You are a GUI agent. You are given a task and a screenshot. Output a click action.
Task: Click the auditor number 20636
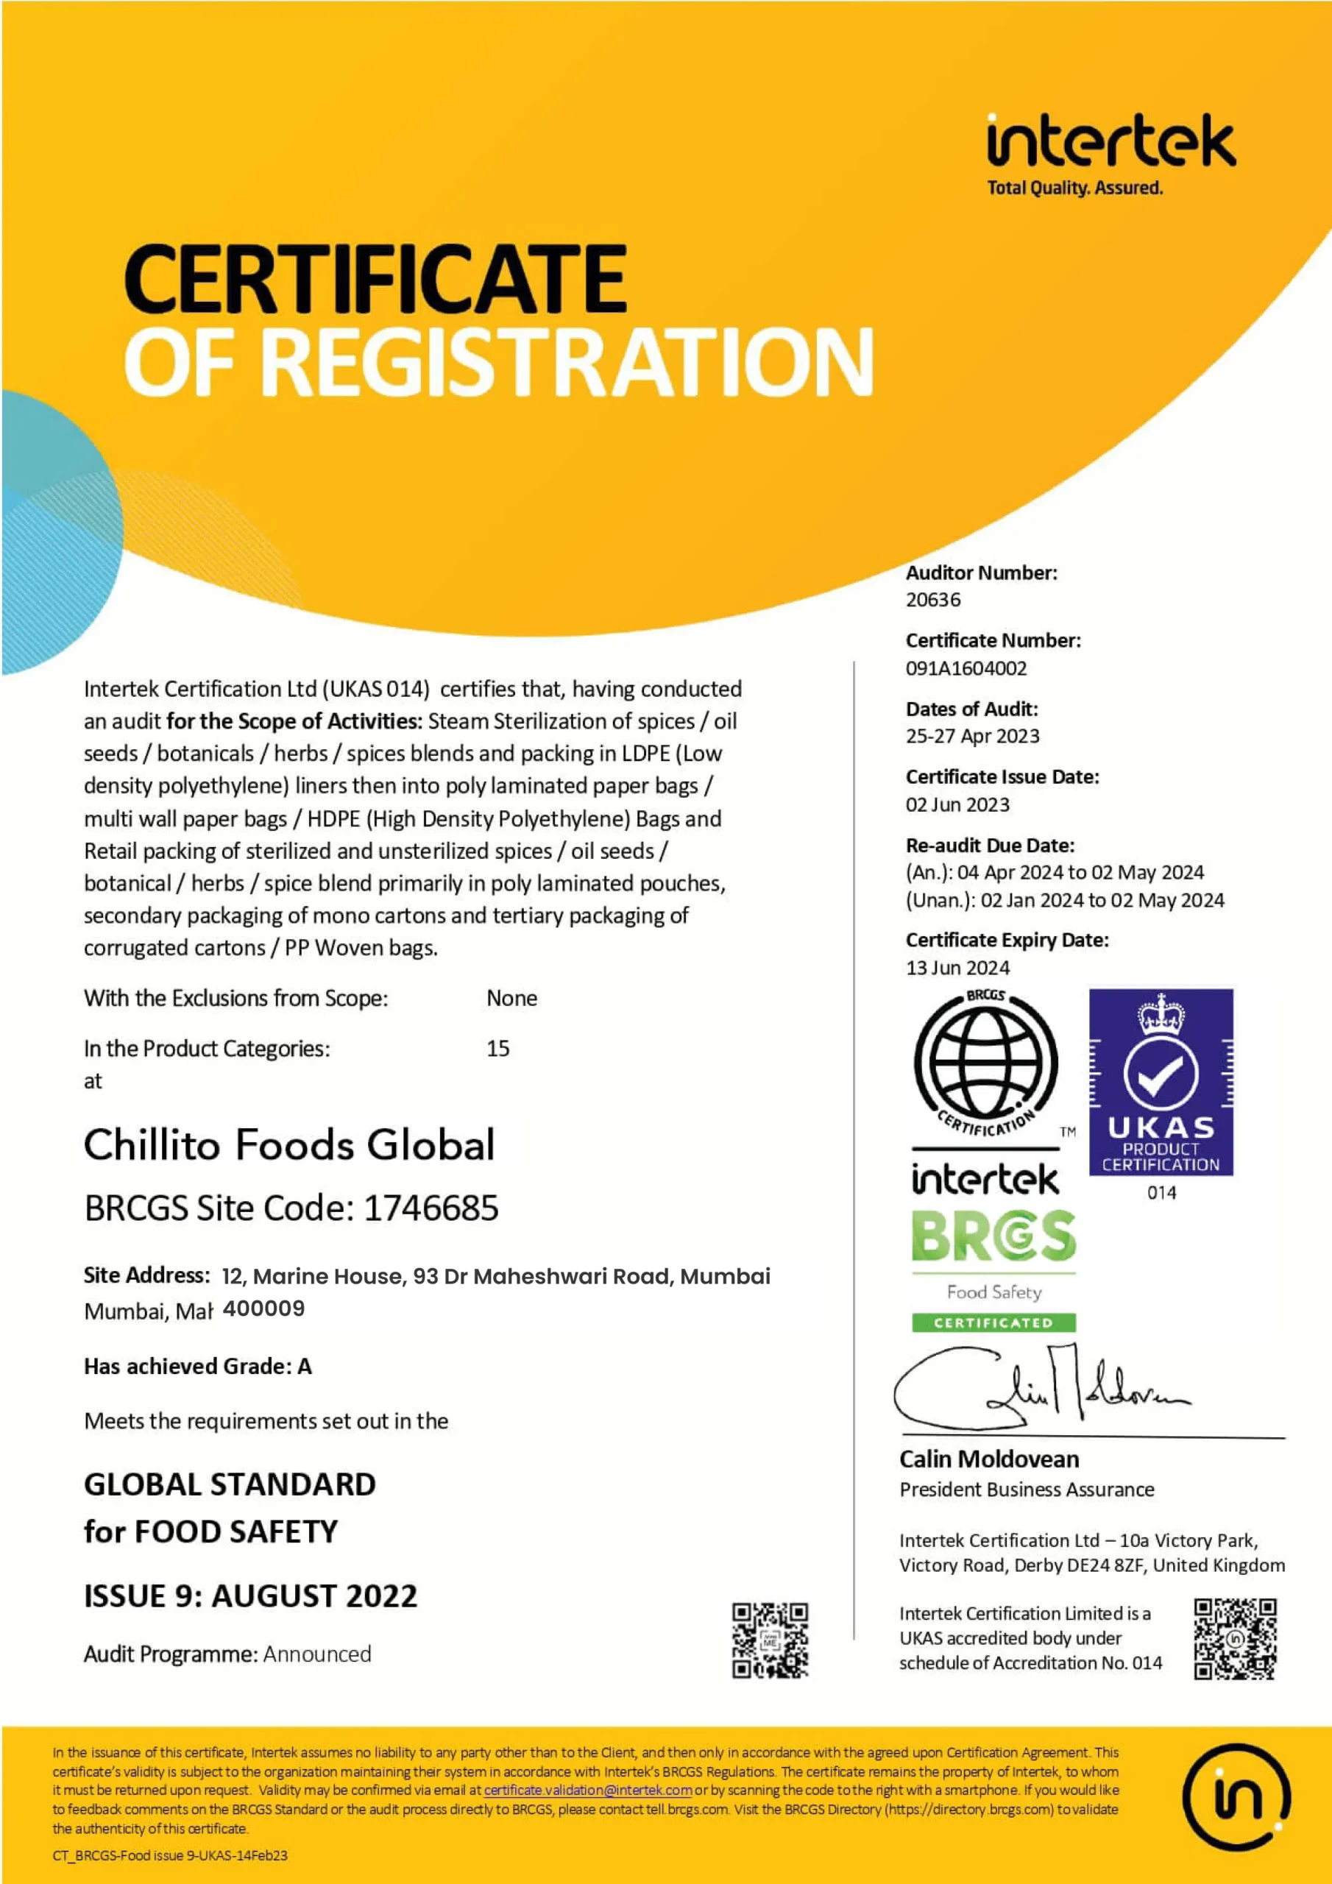tap(932, 600)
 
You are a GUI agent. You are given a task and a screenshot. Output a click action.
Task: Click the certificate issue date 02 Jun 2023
tap(957, 804)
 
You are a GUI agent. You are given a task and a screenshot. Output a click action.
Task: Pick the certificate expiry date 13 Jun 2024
tap(957, 968)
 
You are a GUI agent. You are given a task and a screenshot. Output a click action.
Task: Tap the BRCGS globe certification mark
tap(985, 1063)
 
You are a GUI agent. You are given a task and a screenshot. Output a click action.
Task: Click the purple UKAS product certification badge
tap(1161, 1082)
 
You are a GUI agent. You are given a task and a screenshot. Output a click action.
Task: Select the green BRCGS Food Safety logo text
tap(993, 1236)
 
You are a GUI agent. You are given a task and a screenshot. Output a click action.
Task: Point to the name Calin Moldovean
tap(989, 1459)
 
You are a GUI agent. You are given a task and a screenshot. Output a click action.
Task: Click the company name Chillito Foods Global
tap(290, 1144)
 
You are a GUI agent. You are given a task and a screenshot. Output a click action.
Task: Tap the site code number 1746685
tap(431, 1208)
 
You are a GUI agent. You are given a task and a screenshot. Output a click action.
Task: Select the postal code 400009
tap(263, 1308)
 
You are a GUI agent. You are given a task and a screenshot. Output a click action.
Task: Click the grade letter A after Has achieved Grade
tap(305, 1366)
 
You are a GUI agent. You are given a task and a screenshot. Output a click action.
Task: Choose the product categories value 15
tap(497, 1048)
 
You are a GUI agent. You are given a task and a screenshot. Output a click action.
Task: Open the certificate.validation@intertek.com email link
tap(587, 1790)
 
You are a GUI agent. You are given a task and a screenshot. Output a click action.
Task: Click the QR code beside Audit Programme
tap(770, 1640)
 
